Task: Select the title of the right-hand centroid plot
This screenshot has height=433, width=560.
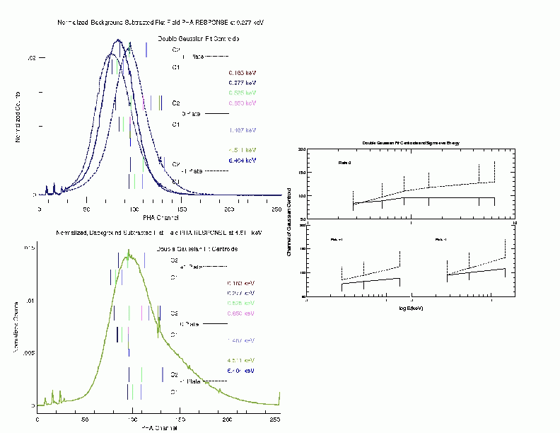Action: tap(411, 144)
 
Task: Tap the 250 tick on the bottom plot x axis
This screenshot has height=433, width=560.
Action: tap(275, 420)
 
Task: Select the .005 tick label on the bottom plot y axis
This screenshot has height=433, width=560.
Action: tap(27, 353)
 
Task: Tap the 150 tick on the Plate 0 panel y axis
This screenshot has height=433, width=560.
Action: tap(302, 173)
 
